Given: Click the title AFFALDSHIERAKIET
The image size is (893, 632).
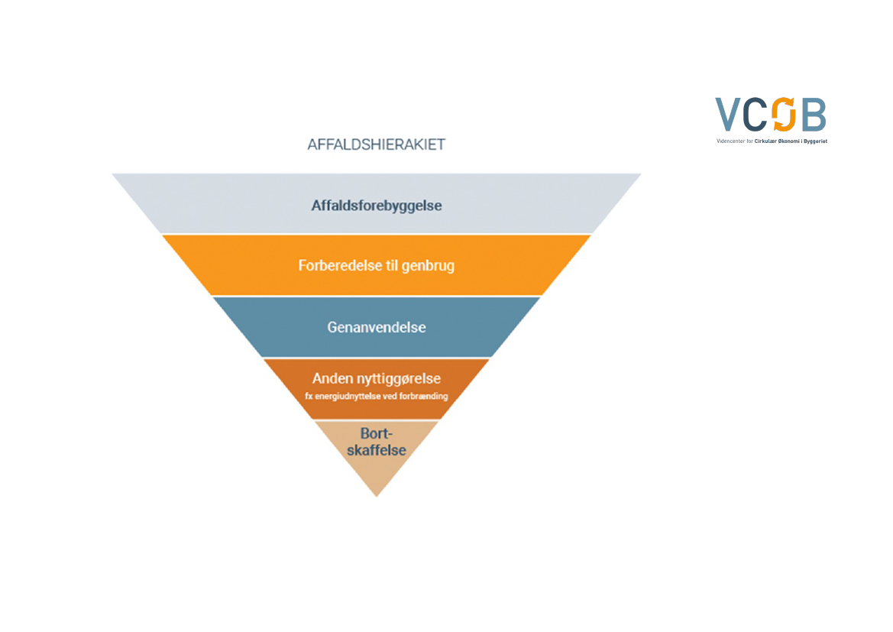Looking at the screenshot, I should coord(376,144).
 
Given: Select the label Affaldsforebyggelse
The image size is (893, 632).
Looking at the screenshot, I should coord(377,206).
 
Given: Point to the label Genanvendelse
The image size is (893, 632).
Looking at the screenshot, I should coord(377,327).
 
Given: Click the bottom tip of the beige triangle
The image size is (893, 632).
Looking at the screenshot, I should coord(377,494).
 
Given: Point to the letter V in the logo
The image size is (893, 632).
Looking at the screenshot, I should coord(729,115).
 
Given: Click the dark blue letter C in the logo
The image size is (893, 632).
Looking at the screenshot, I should coord(756,115).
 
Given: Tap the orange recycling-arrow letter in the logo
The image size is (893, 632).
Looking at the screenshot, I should coord(784,115).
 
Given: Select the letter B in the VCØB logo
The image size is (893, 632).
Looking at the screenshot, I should coord(813,115).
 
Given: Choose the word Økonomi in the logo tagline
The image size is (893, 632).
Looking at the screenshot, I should coord(782,141).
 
